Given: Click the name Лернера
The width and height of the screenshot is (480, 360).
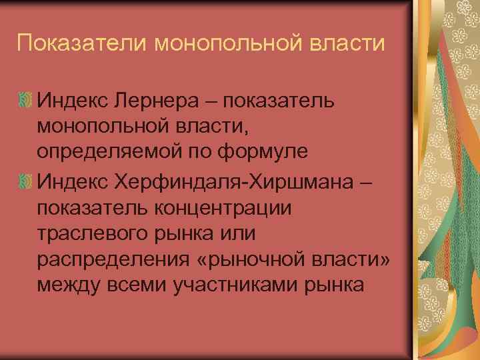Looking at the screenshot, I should pyautogui.click(x=166, y=101).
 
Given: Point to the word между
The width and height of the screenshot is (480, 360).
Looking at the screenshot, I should pyautogui.click(x=67, y=286).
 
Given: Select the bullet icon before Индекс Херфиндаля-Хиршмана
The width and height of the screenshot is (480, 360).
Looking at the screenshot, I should pyautogui.click(x=26, y=181).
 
